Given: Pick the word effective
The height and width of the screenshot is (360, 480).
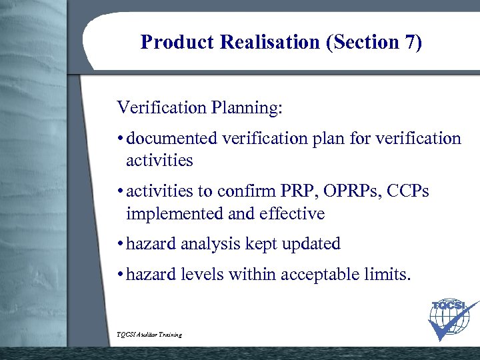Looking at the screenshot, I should pyautogui.click(x=289, y=214).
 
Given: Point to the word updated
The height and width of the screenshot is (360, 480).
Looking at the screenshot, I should pyautogui.click(x=312, y=245).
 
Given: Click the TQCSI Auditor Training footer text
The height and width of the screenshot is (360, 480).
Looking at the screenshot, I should pyautogui.click(x=149, y=334).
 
